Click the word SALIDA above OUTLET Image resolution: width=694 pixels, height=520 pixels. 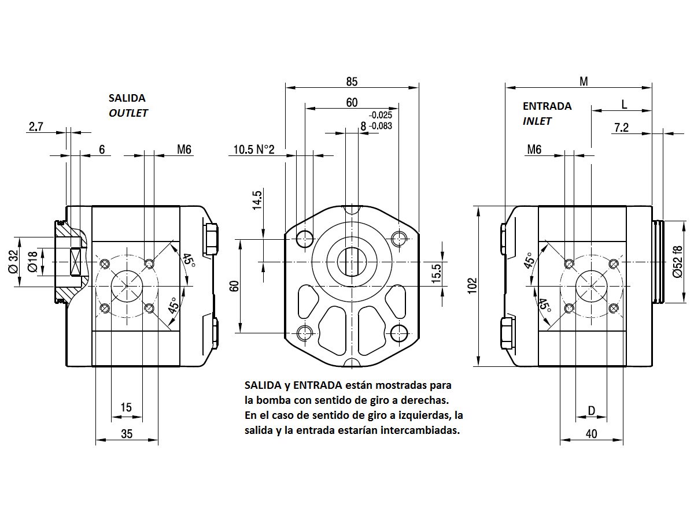(127, 98)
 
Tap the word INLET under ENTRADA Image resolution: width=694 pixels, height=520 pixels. (537, 121)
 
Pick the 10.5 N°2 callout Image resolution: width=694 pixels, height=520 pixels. (253, 150)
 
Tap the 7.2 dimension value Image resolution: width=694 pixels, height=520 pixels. (621, 128)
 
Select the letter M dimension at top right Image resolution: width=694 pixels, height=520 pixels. (584, 82)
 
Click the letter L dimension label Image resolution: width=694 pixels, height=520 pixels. (624, 104)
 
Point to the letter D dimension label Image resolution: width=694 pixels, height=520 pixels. (591, 410)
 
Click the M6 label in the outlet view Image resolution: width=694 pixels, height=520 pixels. (184, 150)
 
